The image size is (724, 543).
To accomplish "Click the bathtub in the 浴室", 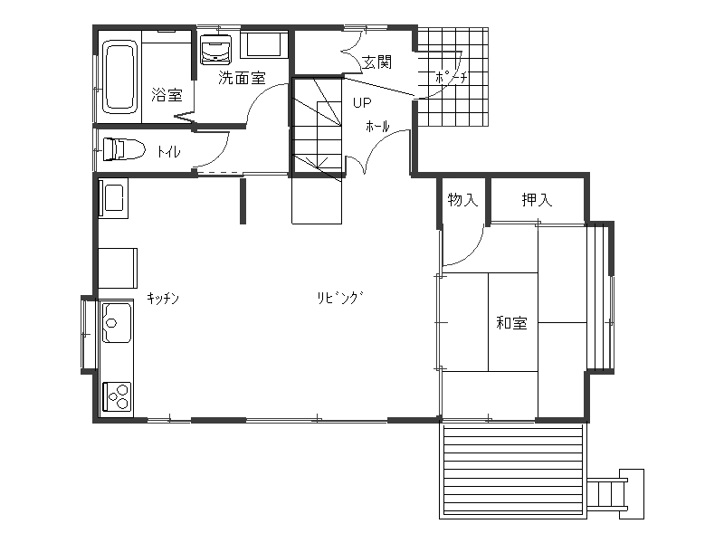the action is coord(120,77).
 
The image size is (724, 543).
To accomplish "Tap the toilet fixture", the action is coord(124,149).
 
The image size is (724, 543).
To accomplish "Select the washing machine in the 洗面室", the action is coord(215,50).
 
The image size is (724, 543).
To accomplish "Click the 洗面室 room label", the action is coord(242,78).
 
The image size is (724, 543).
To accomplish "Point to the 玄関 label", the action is coord(376,62).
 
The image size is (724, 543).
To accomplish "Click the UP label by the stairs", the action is coord(362,102).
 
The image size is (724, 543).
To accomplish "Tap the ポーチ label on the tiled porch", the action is coord(451,77).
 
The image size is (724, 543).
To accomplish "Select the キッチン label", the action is coord(163,299).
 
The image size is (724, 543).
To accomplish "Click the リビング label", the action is coord(340,298).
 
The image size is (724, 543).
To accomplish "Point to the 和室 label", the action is coord(511,323).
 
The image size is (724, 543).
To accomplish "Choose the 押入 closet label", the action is coord(537,199).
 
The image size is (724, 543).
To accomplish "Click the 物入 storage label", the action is coord(462,199).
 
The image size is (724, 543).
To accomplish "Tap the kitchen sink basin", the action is coord(117,323).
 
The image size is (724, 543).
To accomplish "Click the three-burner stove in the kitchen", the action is coord(117,396).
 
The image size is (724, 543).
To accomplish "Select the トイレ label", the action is coord(168,151).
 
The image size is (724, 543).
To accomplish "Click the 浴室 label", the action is coord(167,96).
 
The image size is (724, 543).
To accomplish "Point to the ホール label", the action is coord(377,126).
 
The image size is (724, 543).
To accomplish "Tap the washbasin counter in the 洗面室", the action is coord(263,44).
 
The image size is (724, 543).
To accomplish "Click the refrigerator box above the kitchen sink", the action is coord(118,268).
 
